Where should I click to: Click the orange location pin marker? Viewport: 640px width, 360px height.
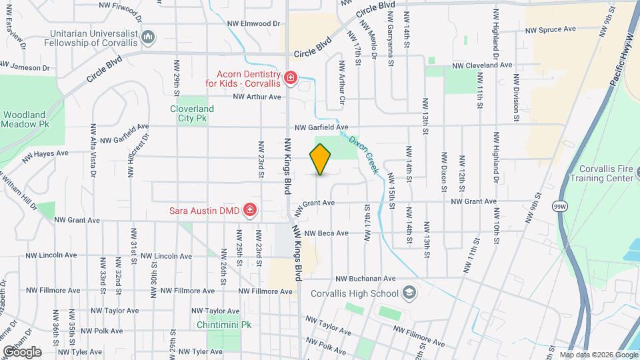[x=321, y=159]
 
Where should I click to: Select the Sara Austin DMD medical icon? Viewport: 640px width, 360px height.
[x=250, y=211]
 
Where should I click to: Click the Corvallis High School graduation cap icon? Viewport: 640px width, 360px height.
[x=409, y=293]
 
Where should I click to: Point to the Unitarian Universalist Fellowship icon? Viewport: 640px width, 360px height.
[x=149, y=35]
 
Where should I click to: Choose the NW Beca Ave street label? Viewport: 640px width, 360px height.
[x=327, y=233]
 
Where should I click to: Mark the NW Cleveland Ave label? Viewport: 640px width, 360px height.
[x=482, y=65]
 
